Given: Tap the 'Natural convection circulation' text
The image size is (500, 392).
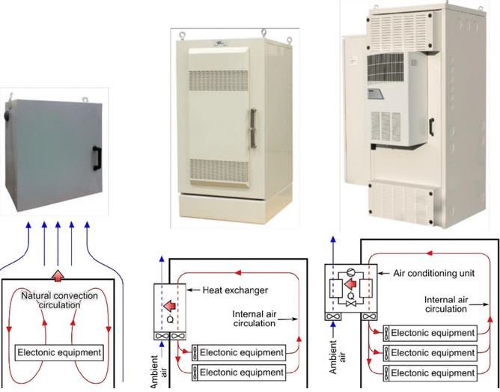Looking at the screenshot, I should pos(59,300).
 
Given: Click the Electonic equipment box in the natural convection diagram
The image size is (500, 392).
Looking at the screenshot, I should pos(59,351).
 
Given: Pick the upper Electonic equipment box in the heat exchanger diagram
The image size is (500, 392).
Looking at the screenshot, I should pos(239,352).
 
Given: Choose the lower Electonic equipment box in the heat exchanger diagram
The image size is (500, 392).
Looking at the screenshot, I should pos(239,372).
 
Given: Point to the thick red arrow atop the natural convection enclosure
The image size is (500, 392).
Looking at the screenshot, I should pos(58,272).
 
